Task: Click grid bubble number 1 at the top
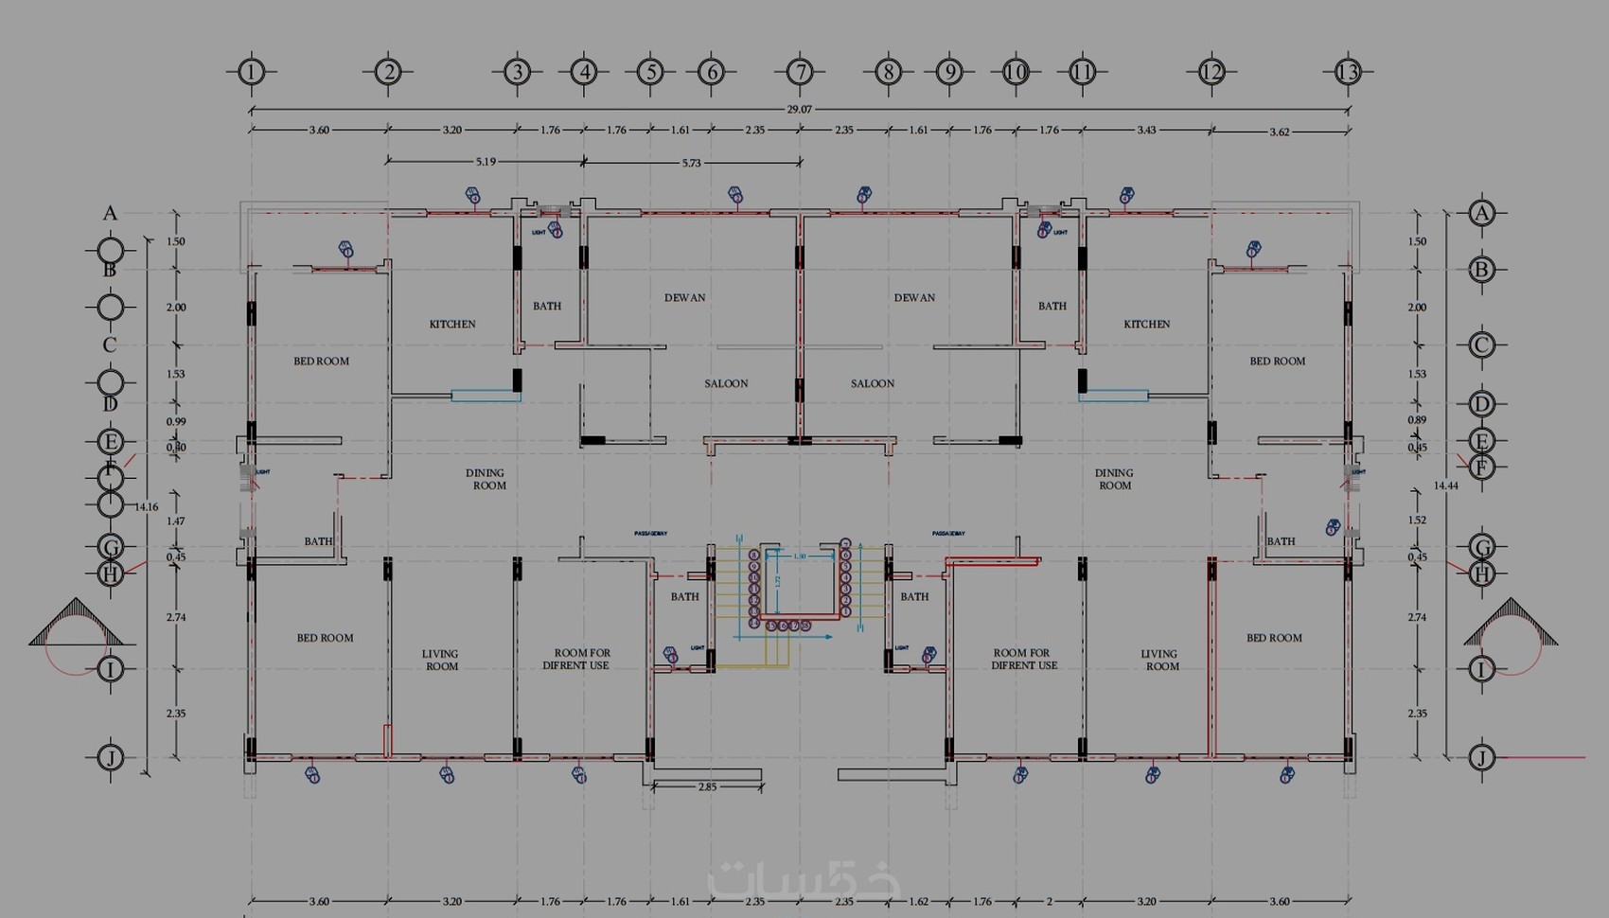coord(251,71)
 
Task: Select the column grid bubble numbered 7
coord(800,71)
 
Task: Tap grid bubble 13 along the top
coord(1348,71)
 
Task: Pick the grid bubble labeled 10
coord(1016,71)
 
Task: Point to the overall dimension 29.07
coord(799,110)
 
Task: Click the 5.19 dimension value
coord(486,162)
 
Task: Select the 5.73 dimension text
coord(692,163)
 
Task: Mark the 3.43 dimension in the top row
coord(1146,131)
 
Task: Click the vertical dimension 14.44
coord(1445,485)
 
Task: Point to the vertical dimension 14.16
coord(146,506)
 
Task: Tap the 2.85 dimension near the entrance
coord(707,786)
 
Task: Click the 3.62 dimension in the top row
coord(1280,132)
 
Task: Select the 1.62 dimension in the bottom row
coord(918,902)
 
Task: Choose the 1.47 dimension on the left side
coord(176,521)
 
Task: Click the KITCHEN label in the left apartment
coord(452,324)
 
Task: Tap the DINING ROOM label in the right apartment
coord(1114,479)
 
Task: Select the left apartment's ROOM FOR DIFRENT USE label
coord(576,659)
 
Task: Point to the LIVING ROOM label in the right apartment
coord(1160,660)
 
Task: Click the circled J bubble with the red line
coord(1481,757)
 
